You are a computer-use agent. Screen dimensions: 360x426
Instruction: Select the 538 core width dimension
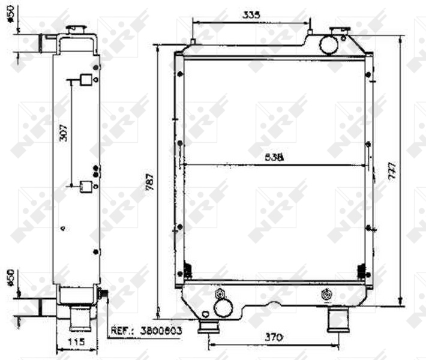274,158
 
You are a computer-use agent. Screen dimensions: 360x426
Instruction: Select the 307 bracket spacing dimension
64,132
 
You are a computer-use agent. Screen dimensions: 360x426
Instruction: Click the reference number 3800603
160,330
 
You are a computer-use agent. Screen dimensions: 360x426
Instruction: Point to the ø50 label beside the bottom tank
10,278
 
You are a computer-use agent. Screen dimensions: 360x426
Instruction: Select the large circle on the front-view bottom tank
223,307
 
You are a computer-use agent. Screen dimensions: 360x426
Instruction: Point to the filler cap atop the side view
76,28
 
